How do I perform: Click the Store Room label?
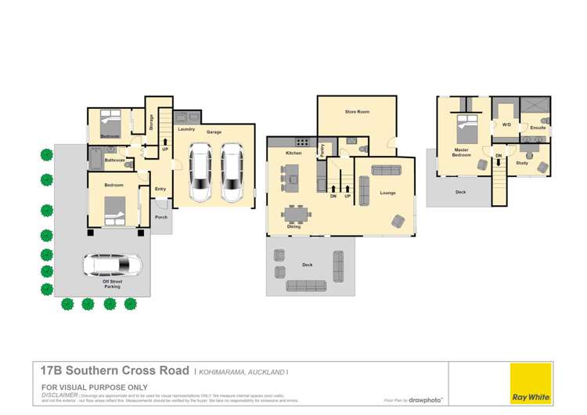(357, 113)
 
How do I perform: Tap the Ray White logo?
(531, 384)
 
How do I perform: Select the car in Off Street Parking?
(112, 266)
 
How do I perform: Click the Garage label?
(214, 132)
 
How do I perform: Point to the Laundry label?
(186, 129)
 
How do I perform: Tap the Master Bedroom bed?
(467, 125)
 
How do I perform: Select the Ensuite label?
(538, 127)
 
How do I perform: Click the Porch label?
(161, 217)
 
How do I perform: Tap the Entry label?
(160, 189)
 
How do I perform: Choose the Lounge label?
(387, 193)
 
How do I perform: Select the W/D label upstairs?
(506, 125)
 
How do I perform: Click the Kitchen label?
(293, 153)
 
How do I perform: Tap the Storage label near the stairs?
(152, 122)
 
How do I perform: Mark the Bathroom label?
(116, 161)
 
